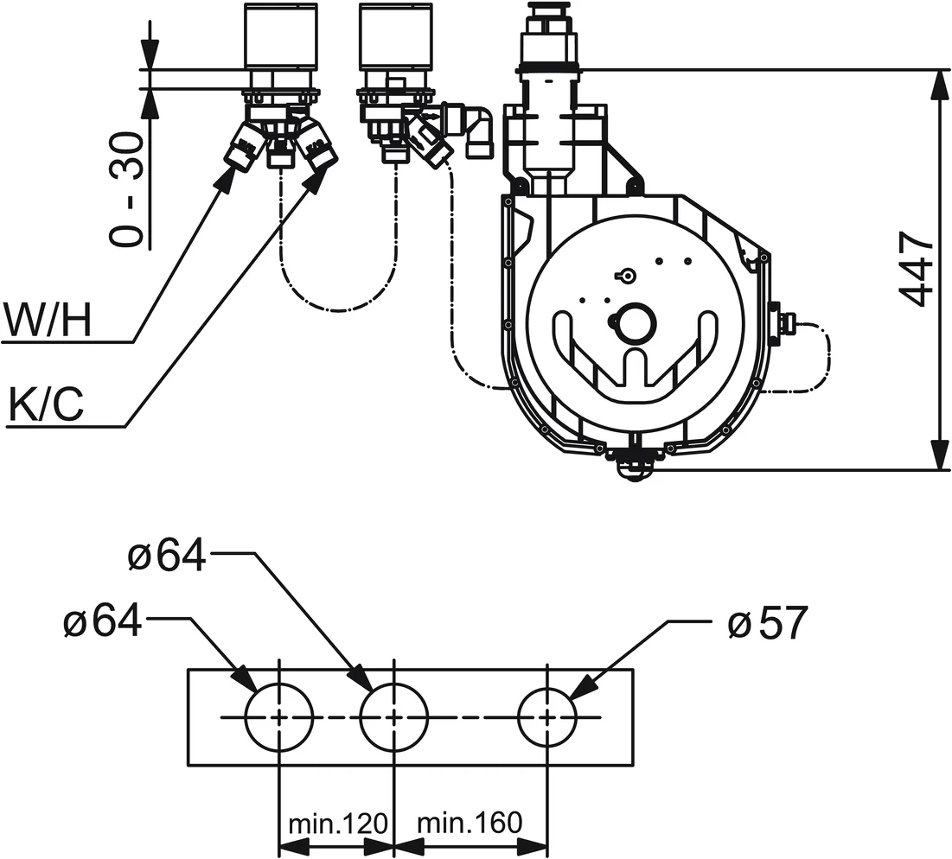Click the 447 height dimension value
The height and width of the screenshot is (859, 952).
(x=917, y=269)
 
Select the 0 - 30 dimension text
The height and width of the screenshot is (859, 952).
(x=127, y=189)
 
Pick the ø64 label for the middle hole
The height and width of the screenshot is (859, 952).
(x=167, y=557)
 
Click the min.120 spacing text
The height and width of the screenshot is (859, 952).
(x=335, y=823)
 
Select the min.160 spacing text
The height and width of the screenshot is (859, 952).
(x=470, y=823)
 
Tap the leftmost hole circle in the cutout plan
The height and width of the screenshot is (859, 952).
(x=278, y=717)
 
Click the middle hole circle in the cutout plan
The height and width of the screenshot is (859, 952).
(x=393, y=717)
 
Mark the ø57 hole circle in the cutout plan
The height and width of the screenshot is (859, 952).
(x=548, y=717)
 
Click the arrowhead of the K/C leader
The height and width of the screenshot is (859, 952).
(x=322, y=173)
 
